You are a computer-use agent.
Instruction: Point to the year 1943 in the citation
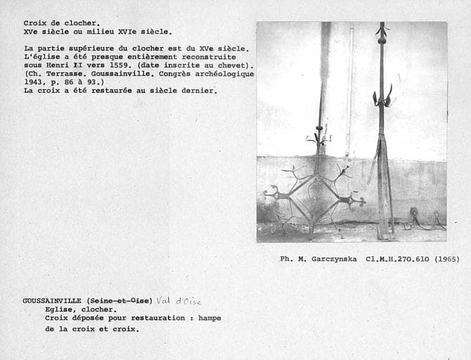35,82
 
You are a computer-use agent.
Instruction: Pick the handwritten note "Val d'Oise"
179,301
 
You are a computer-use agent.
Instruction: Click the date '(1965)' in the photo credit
446,259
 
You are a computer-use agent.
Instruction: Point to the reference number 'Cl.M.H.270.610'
398,259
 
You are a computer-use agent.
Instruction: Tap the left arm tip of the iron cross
268,192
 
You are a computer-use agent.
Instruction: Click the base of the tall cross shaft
384,232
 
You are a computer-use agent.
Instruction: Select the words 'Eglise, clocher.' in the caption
81,309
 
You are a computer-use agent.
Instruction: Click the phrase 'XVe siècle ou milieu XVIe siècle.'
97,32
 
